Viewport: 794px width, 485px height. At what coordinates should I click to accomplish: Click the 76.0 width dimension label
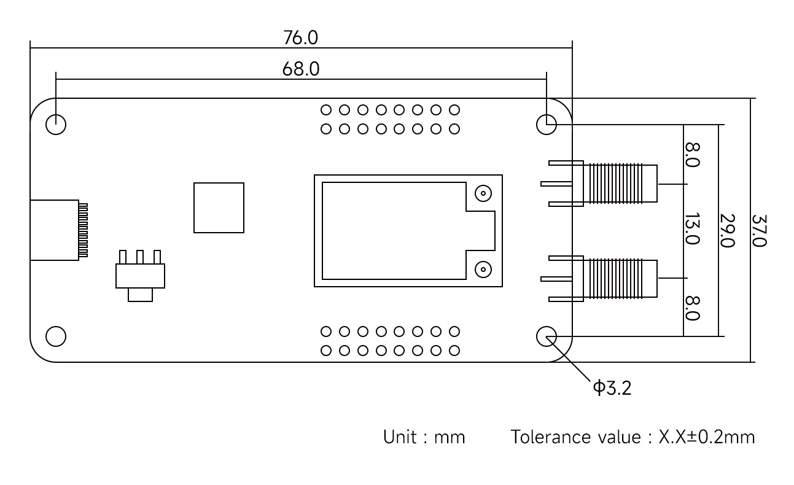coord(300,38)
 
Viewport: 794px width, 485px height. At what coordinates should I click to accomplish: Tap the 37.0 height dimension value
coord(759,230)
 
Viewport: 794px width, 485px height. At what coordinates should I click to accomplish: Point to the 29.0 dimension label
coord(726,230)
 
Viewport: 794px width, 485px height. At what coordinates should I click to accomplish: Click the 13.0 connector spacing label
coord(691,228)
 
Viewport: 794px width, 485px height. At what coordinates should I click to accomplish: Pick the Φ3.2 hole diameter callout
coord(612,388)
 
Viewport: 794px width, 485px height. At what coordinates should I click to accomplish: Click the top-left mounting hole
coord(56,125)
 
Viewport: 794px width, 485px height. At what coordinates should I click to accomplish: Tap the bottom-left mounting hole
coord(56,336)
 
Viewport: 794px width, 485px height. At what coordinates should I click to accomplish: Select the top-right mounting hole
coord(547,125)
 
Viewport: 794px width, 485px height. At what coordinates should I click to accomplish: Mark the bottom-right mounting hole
coord(547,336)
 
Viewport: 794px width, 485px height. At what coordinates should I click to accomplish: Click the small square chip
coord(219,208)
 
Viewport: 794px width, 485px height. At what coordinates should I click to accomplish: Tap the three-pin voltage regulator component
coord(140,276)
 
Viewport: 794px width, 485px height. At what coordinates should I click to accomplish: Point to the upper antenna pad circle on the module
coord(483,194)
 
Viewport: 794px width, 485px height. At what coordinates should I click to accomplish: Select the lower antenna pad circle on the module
coord(483,269)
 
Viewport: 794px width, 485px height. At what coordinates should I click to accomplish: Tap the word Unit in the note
coord(399,438)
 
